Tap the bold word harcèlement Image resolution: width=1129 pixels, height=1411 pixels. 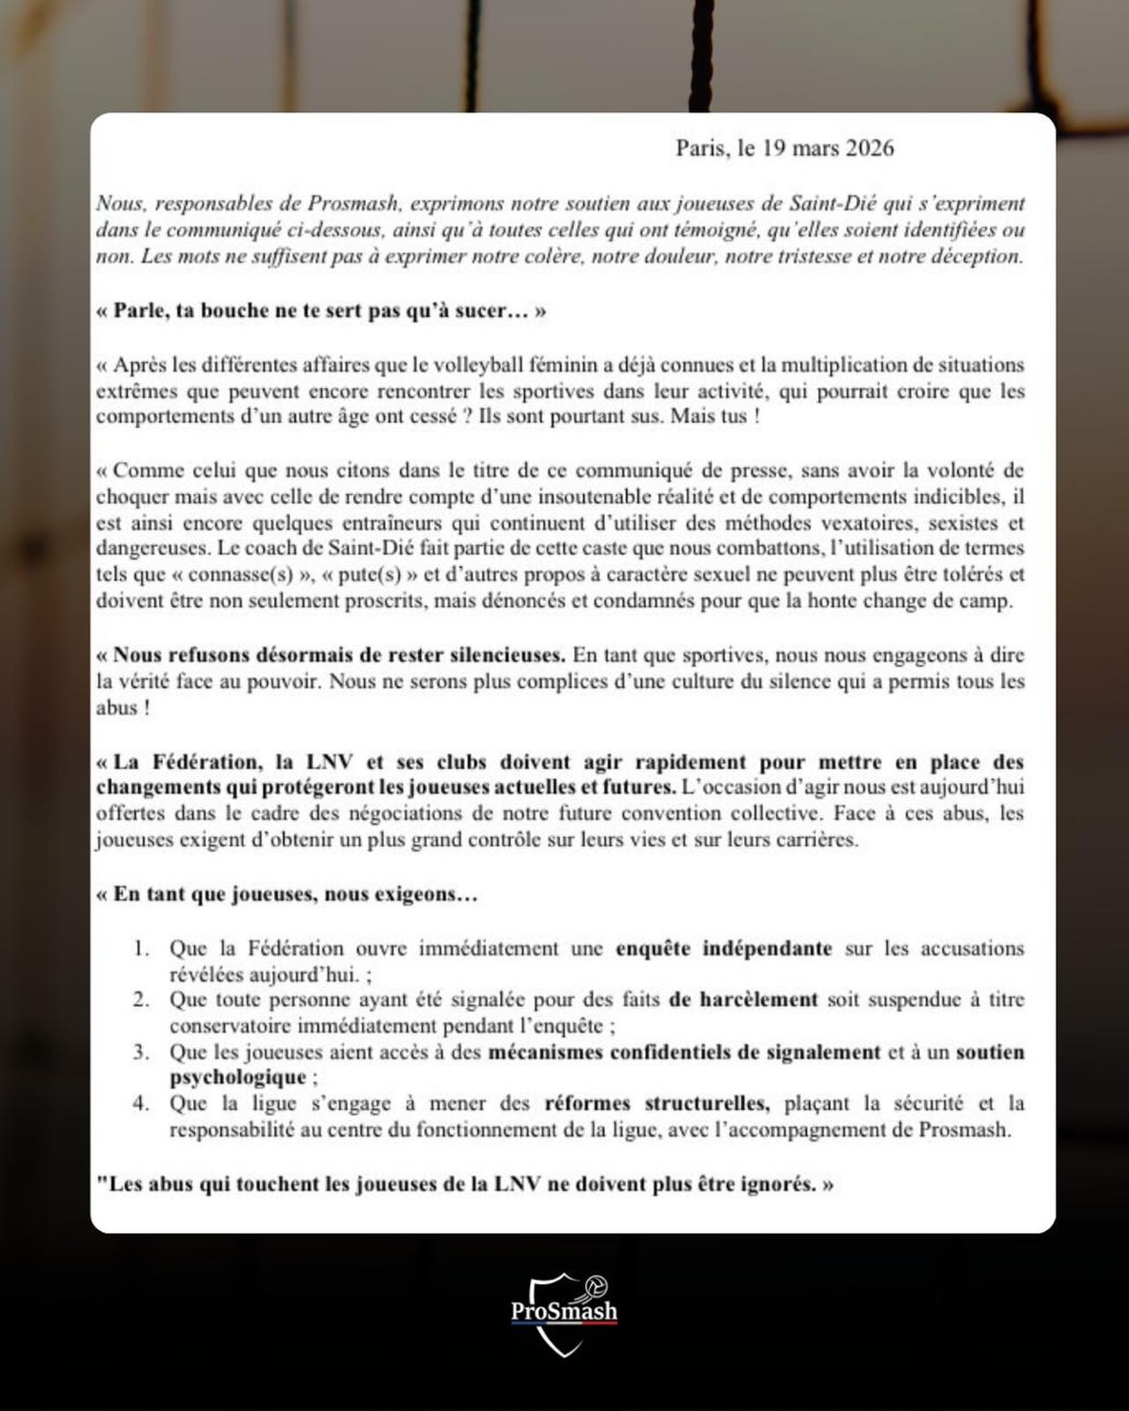click(744, 1000)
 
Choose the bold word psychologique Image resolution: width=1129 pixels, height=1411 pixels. click(237, 1078)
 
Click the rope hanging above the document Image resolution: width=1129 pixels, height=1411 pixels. click(705, 53)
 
